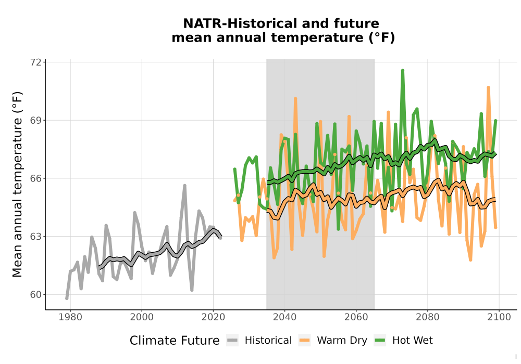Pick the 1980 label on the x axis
point(70,317)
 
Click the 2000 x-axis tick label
point(142,317)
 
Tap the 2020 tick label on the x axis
point(213,317)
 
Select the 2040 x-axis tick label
point(285,317)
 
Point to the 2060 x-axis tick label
point(356,317)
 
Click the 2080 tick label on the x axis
point(428,317)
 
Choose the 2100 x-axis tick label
point(499,317)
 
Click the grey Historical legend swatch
point(232,341)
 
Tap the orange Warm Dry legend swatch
point(304,341)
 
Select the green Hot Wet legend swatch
point(380,341)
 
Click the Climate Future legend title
point(175,341)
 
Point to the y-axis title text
point(17,184)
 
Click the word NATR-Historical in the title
point(237,23)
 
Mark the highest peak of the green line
point(402,70)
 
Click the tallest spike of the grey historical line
point(185,185)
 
